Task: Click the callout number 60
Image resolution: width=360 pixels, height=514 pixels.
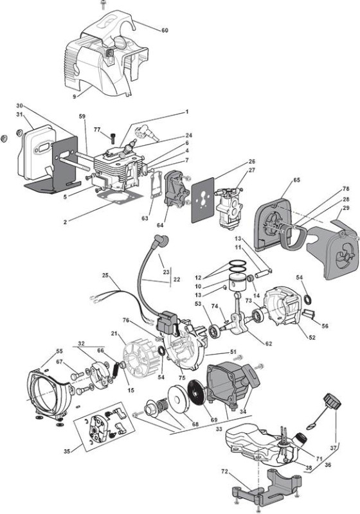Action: click(x=165, y=30)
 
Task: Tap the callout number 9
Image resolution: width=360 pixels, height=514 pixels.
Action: click(x=75, y=96)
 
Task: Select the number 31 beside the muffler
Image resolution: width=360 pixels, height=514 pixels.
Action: click(x=20, y=115)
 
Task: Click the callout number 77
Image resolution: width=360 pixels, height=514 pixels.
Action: click(x=97, y=130)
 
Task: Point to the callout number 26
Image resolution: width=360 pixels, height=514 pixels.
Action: click(x=252, y=161)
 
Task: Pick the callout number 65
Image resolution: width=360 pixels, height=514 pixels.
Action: click(x=297, y=180)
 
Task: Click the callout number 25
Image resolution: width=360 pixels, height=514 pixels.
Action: click(x=105, y=276)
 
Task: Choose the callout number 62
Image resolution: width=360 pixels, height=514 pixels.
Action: click(x=269, y=344)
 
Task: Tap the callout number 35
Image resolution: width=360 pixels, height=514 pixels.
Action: click(x=67, y=452)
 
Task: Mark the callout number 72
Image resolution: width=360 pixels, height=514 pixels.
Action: click(x=224, y=472)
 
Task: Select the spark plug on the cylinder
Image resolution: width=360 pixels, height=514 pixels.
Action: click(x=128, y=148)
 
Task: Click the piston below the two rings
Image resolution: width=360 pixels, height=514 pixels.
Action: click(x=237, y=282)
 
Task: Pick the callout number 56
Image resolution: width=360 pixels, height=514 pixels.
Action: click(x=325, y=326)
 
